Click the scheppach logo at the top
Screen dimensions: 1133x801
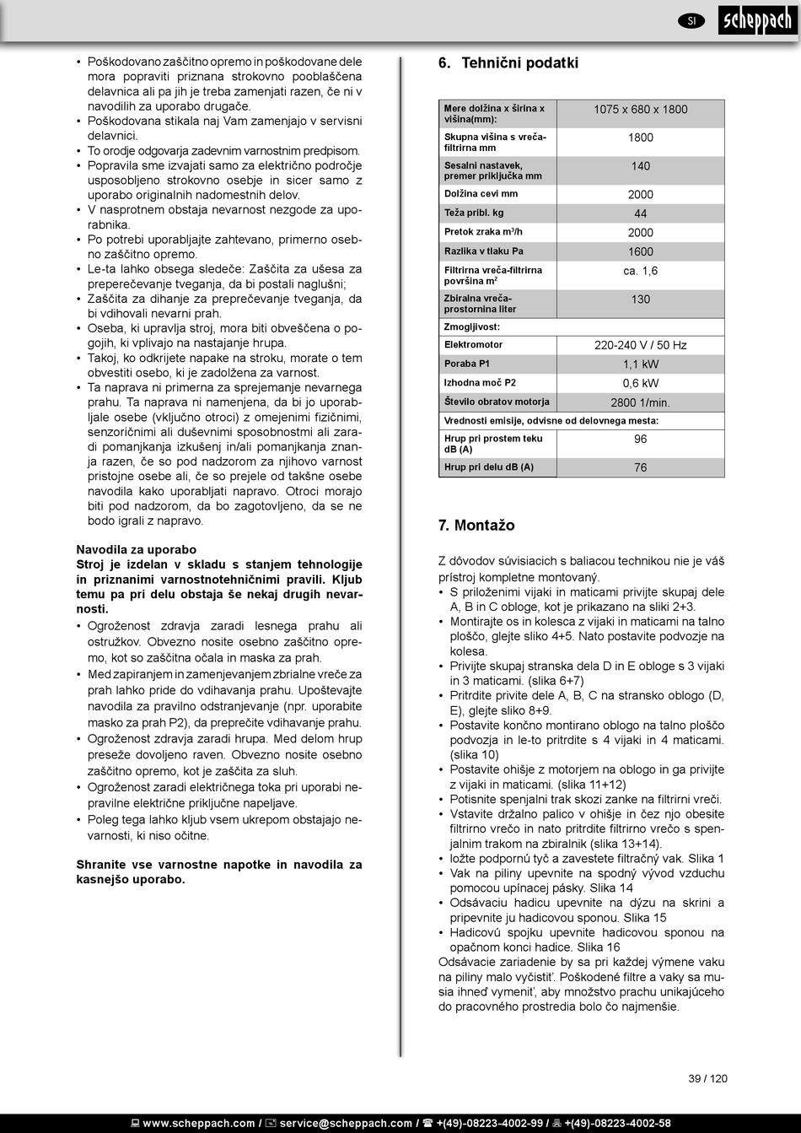coord(756,21)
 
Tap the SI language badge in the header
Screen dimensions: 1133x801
coord(691,21)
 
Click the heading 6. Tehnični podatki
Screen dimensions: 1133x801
coord(508,63)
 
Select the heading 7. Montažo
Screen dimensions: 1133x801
coord(476,526)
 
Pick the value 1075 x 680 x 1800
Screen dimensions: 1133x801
coord(640,110)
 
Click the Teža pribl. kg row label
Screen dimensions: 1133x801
coord(474,213)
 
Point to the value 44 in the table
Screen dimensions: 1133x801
coord(640,214)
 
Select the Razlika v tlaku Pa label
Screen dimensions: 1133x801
coord(484,251)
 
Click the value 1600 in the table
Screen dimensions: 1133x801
coord(640,251)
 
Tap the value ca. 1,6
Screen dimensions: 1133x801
coord(640,271)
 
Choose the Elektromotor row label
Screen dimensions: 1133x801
coord(473,345)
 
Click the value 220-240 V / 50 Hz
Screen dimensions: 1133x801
coord(640,345)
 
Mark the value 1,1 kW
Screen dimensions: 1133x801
coord(640,364)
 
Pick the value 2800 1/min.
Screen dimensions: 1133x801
coord(640,403)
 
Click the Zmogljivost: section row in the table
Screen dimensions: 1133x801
coord(472,326)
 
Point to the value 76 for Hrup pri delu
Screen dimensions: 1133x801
coord(640,467)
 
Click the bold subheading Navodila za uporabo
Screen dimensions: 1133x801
coord(137,550)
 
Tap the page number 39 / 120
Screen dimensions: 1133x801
coord(707,1078)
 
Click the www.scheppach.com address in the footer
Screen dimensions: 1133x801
coord(199,1123)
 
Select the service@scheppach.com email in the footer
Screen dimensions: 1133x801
coord(346,1123)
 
